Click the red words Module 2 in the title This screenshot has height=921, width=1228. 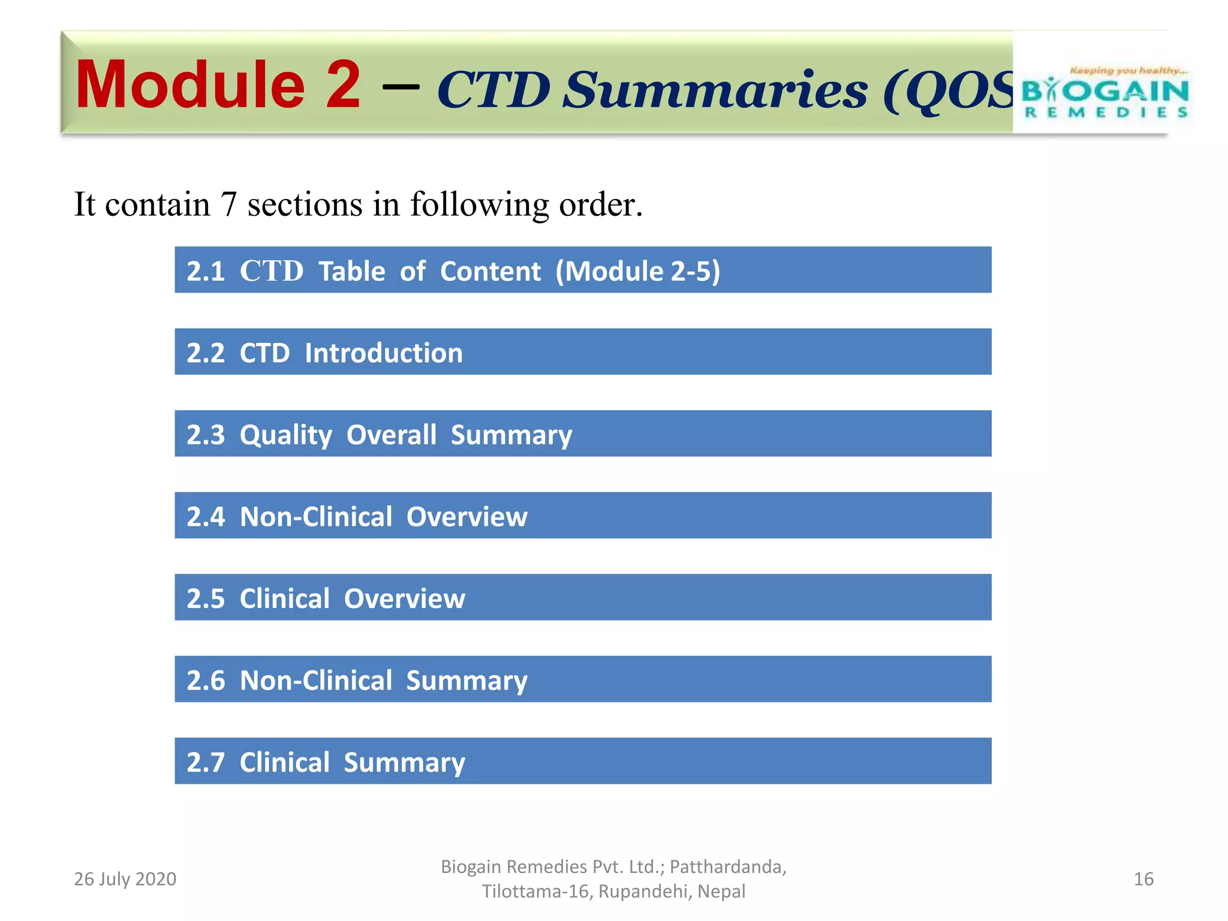pyautogui.click(x=218, y=85)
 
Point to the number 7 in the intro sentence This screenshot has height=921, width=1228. pyautogui.click(x=228, y=204)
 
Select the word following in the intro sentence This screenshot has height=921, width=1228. pyautogui.click(x=479, y=204)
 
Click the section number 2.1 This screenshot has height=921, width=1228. pyautogui.click(x=206, y=272)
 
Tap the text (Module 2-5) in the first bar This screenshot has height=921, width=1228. pyautogui.click(x=637, y=272)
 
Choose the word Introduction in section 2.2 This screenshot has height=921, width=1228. pyautogui.click(x=384, y=353)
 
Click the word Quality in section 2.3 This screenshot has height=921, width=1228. pyautogui.click(x=285, y=435)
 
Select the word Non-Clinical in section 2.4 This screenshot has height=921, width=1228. pyautogui.click(x=316, y=517)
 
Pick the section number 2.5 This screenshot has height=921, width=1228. pyautogui.click(x=206, y=599)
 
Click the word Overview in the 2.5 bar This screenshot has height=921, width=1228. pyautogui.click(x=405, y=599)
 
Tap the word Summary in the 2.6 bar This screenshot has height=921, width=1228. pyautogui.click(x=466, y=681)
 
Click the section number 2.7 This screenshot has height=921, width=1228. pyautogui.click(x=206, y=763)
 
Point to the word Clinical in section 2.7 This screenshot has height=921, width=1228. pyautogui.click(x=285, y=763)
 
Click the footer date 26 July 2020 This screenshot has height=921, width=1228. pyautogui.click(x=125, y=879)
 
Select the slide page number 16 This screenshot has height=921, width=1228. pyautogui.click(x=1143, y=879)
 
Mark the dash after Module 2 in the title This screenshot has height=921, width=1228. pyautogui.click(x=400, y=88)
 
